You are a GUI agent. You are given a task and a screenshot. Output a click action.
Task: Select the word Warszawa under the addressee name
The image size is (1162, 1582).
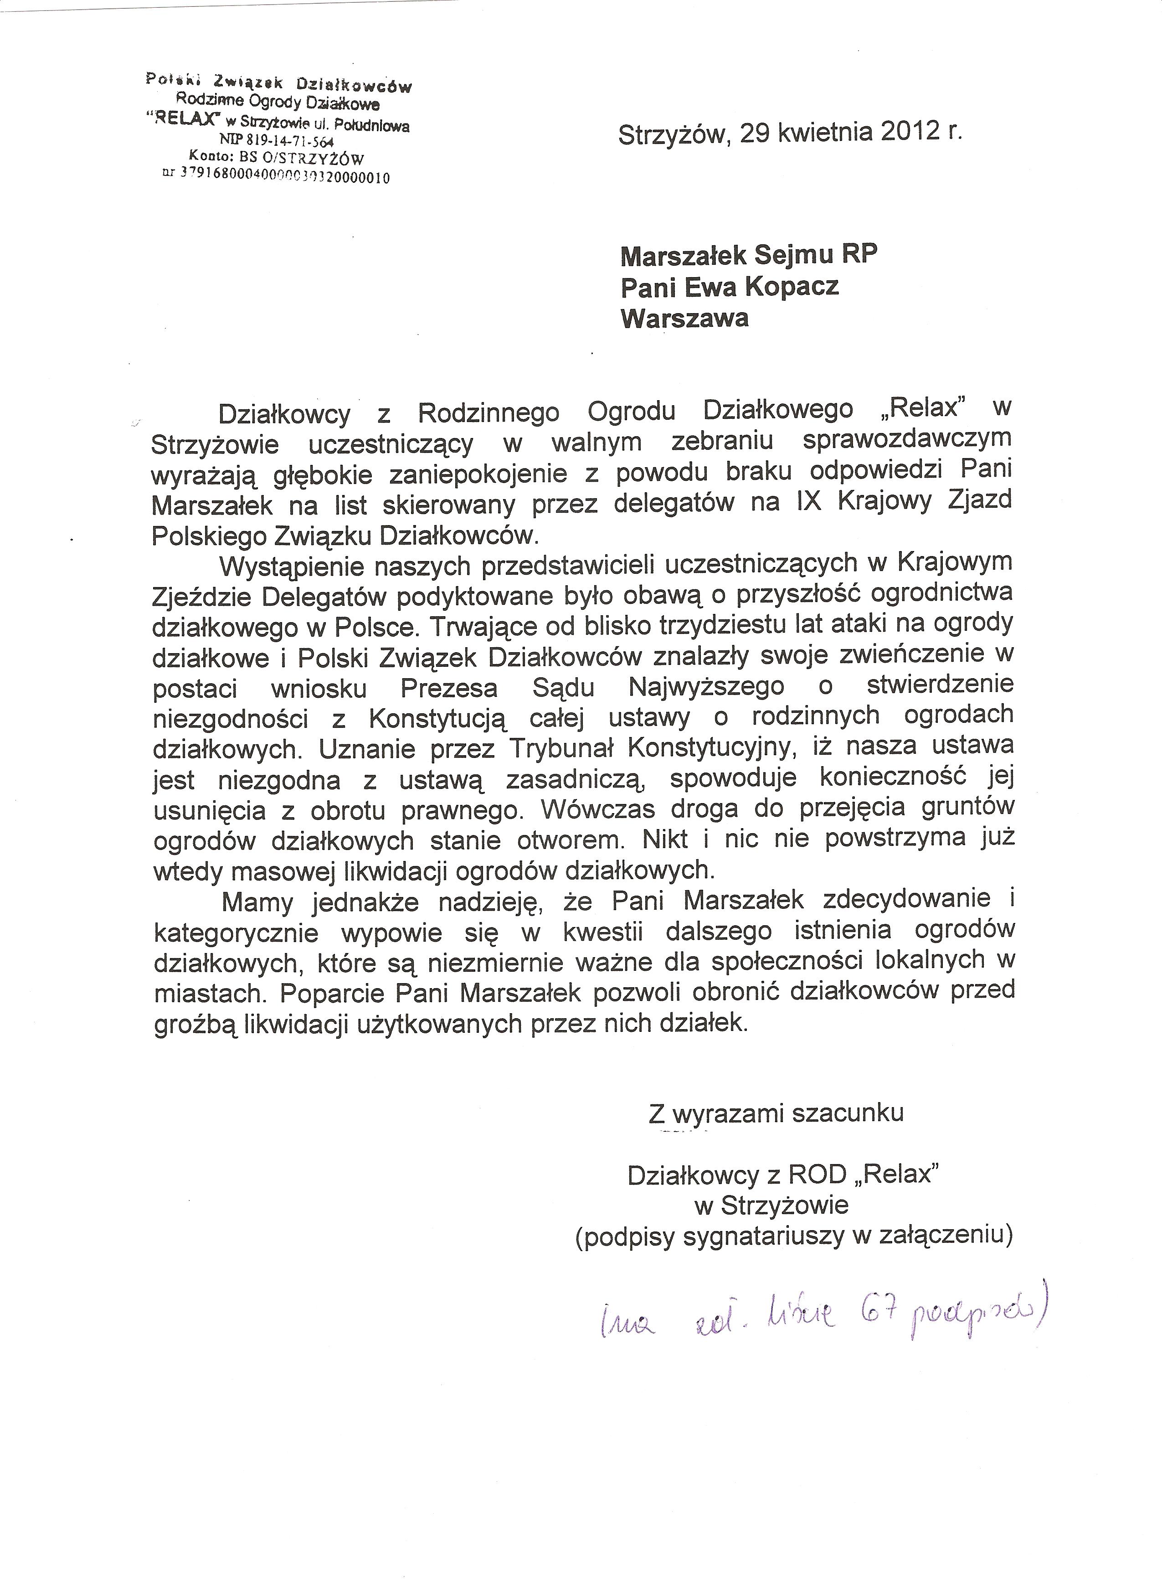pyautogui.click(x=684, y=319)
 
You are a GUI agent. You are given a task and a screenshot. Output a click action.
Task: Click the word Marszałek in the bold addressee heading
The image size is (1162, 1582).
pyautogui.click(x=684, y=256)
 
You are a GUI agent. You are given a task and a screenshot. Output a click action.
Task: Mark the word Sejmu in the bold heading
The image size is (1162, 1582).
pyautogui.click(x=795, y=256)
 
